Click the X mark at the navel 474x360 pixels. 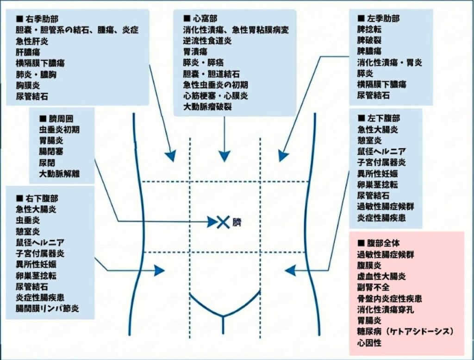224,222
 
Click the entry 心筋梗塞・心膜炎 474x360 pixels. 215,96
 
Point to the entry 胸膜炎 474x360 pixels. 28,86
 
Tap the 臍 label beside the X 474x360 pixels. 237,222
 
